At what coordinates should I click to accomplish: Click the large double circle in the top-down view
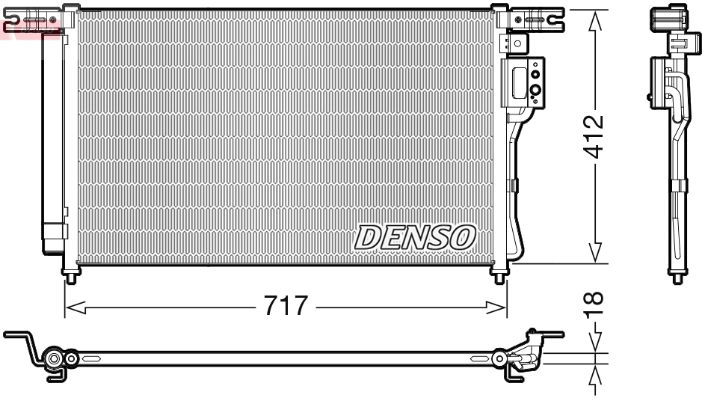(x=54, y=361)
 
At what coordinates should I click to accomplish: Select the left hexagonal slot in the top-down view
(x=93, y=360)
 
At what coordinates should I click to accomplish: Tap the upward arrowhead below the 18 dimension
(x=596, y=373)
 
